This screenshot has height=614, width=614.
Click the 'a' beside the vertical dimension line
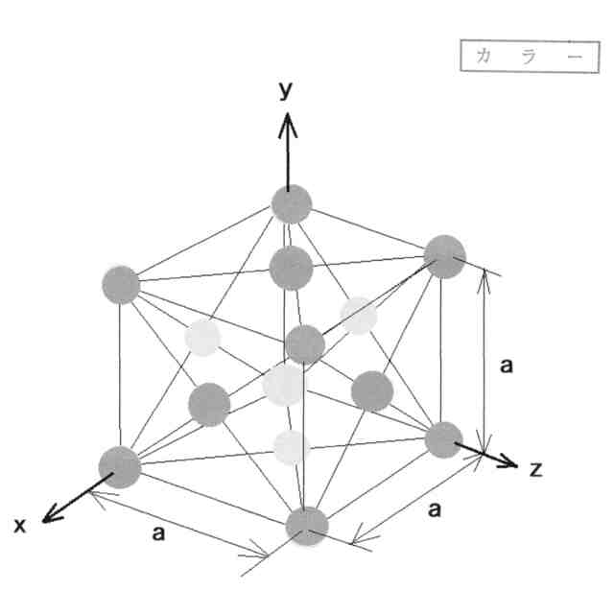click(x=508, y=366)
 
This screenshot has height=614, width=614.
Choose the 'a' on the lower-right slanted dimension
click(x=435, y=509)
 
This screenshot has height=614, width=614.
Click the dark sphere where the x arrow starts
click(x=120, y=466)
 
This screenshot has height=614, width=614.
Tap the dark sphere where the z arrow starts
click(x=443, y=439)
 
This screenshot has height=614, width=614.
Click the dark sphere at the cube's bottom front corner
click(x=307, y=526)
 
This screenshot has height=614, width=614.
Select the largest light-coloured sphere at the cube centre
click(x=284, y=384)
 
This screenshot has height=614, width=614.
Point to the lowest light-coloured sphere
click(x=290, y=447)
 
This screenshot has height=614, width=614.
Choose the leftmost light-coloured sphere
click(x=202, y=337)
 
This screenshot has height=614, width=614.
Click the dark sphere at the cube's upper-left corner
click(x=121, y=285)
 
